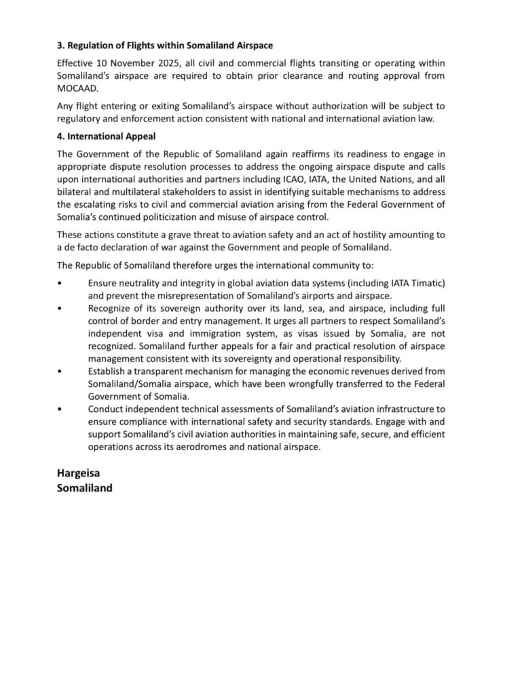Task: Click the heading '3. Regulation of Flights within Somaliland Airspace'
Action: pyautogui.click(x=166, y=45)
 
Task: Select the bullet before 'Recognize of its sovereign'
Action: pyautogui.click(x=60, y=308)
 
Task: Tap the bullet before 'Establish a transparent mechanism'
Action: pyautogui.click(x=60, y=372)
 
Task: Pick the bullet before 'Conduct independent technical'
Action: pyautogui.click(x=60, y=410)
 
